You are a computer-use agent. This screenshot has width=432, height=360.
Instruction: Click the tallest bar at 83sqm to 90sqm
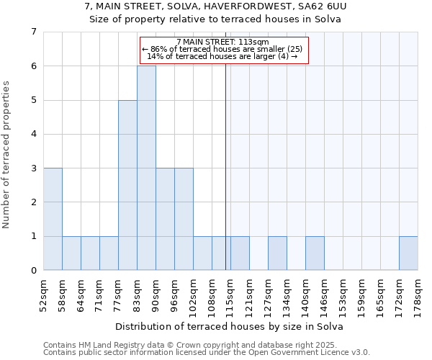pos(146,168)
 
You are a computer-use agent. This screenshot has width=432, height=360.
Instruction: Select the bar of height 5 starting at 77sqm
pos(127,185)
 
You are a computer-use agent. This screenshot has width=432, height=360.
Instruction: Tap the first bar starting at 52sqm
pos(53,219)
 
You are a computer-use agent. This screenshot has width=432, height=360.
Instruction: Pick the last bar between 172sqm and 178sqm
pos(408,253)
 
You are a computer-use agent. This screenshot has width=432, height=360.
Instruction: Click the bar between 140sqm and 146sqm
pos(315,253)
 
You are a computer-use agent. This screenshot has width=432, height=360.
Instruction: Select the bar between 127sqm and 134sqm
pos(277,253)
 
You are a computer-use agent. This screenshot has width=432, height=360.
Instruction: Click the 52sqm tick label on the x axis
pos(44,292)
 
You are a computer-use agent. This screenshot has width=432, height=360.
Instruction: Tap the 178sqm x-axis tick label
pos(418,292)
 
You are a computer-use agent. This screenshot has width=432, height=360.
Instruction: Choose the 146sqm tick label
pos(325,292)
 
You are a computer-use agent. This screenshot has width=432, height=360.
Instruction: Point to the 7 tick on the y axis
pos(33,32)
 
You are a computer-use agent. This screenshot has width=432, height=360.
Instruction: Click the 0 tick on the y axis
pos(33,270)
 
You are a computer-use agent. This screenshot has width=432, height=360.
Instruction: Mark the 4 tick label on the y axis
pos(33,134)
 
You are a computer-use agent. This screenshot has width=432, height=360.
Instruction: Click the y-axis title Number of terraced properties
pos(7,154)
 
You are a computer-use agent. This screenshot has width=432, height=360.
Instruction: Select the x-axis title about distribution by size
pos(230,326)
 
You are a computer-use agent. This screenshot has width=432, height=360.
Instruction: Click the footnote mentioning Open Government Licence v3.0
pos(207,352)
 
